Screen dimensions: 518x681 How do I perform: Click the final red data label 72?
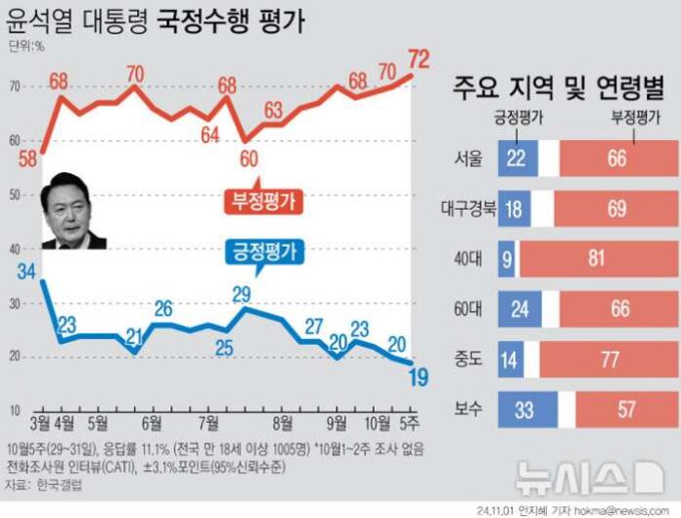[x=425, y=55]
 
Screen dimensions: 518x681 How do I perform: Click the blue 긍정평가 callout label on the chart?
[x=262, y=249]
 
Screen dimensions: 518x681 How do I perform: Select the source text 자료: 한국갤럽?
[x=45, y=484]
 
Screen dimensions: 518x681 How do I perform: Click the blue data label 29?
[x=241, y=293]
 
